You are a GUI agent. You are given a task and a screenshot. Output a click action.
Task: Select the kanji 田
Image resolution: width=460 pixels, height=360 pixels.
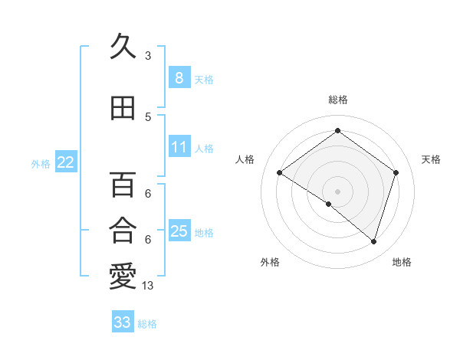(x=123, y=108)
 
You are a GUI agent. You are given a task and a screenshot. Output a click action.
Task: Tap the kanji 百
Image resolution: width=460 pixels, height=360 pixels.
(x=123, y=185)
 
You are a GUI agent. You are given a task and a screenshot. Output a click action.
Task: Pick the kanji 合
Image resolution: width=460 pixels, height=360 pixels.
(x=123, y=229)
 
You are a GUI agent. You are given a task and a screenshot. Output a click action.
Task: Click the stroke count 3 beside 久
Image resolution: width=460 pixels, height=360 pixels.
(x=148, y=56)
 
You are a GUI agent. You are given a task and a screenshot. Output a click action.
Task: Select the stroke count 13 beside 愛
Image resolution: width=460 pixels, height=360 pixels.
(x=149, y=286)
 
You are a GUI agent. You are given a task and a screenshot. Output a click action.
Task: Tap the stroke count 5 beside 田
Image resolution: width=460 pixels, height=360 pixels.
(x=148, y=117)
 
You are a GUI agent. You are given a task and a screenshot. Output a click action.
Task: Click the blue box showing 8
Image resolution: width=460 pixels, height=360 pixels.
(x=179, y=77)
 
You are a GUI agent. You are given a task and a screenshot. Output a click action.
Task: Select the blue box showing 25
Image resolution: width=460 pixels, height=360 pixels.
(x=179, y=231)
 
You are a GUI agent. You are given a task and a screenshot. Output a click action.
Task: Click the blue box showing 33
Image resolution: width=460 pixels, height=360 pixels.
(x=122, y=322)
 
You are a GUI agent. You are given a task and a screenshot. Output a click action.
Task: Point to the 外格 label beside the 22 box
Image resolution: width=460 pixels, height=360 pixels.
(x=41, y=163)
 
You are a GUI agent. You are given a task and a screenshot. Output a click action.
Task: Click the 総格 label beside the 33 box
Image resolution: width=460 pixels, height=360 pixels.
(x=147, y=324)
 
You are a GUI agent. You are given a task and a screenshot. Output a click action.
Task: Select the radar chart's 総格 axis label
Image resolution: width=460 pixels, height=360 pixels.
(x=337, y=100)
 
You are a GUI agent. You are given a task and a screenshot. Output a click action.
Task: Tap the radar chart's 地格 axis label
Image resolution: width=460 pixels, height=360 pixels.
(x=402, y=262)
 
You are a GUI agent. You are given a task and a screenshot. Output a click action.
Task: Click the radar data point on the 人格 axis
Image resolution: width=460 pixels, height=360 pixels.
(x=280, y=172)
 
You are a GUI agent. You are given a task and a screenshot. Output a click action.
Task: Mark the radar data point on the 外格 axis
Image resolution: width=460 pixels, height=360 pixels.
(x=329, y=204)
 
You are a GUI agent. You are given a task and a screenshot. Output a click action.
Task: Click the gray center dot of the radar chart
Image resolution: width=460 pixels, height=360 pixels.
(x=337, y=191)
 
